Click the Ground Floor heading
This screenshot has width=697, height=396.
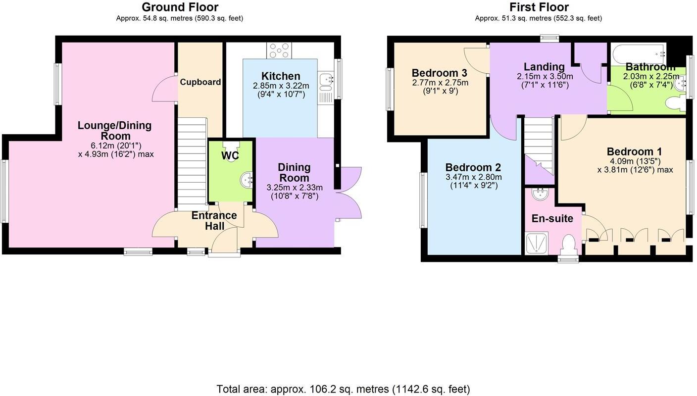click(180, 7)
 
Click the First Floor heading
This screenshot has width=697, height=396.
click(539, 7)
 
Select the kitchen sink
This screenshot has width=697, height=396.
click(326, 79)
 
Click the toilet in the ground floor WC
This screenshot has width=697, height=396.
click(230, 148)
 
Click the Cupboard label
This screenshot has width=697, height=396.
click(200, 82)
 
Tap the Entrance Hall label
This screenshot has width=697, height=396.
click(214, 221)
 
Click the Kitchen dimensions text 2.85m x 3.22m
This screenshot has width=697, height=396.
click(281, 86)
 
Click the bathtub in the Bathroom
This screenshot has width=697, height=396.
click(638, 52)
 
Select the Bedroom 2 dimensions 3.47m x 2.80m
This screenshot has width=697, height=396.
click(473, 177)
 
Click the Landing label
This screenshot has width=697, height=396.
click(544, 67)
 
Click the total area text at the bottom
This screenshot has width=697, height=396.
click(343, 389)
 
